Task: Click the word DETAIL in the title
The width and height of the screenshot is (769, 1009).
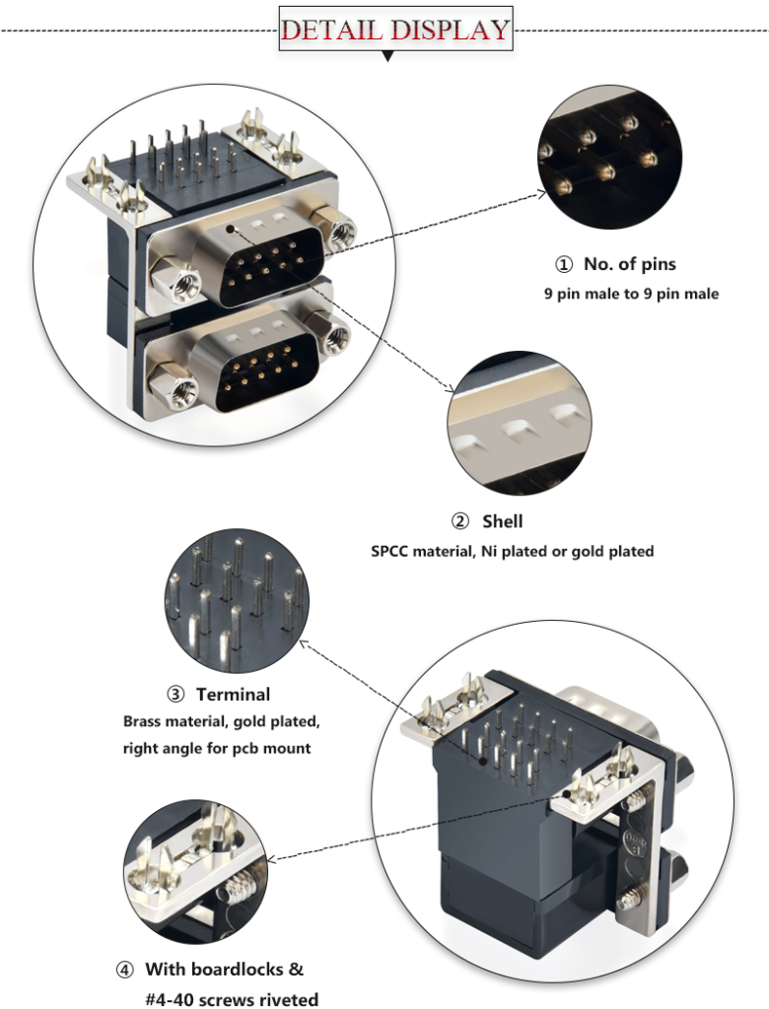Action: (x=332, y=29)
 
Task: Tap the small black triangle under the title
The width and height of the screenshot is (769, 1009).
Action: (x=387, y=57)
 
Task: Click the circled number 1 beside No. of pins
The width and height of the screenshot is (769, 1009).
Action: (x=563, y=264)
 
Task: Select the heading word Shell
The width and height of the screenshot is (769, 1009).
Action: (x=502, y=520)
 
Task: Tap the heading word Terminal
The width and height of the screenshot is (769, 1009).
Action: (x=233, y=695)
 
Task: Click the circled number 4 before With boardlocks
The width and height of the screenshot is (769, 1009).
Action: (x=124, y=969)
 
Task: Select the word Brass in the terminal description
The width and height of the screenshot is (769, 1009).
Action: (x=145, y=721)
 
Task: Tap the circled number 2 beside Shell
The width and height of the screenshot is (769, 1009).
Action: (x=459, y=520)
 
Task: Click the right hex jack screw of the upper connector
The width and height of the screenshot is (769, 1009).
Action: (x=341, y=233)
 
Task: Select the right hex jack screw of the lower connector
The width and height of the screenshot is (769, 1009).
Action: (x=336, y=338)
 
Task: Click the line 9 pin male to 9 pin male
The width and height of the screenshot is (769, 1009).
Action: (x=631, y=294)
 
